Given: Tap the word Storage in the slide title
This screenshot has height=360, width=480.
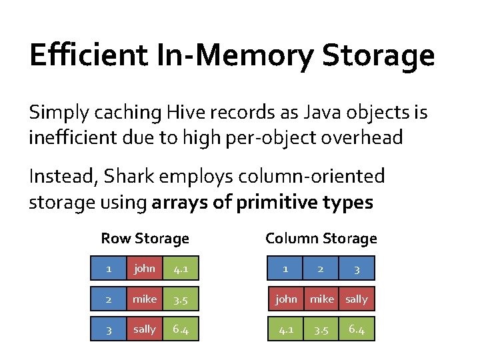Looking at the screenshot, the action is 378,55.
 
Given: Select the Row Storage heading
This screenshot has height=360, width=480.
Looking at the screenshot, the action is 145,238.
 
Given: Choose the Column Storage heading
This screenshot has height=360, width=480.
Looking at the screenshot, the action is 321,238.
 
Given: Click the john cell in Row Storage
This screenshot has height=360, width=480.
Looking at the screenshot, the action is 145,269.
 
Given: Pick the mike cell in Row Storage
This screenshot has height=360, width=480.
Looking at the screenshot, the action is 145,299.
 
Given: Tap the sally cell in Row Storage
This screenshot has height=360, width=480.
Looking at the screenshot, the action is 145,329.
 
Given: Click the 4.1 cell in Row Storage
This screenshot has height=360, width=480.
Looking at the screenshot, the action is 180,269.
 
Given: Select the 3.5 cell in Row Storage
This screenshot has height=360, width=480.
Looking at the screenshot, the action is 180,299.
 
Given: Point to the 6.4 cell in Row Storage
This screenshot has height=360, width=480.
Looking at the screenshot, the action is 180,329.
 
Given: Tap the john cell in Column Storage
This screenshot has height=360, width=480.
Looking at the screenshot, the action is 286,299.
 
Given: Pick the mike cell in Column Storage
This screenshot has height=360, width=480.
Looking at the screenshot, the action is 321,299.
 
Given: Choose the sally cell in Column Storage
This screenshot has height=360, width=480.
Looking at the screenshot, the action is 357,299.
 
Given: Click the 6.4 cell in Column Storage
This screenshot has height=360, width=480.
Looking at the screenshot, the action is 357,329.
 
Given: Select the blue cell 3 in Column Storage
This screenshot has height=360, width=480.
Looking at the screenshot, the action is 357,269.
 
